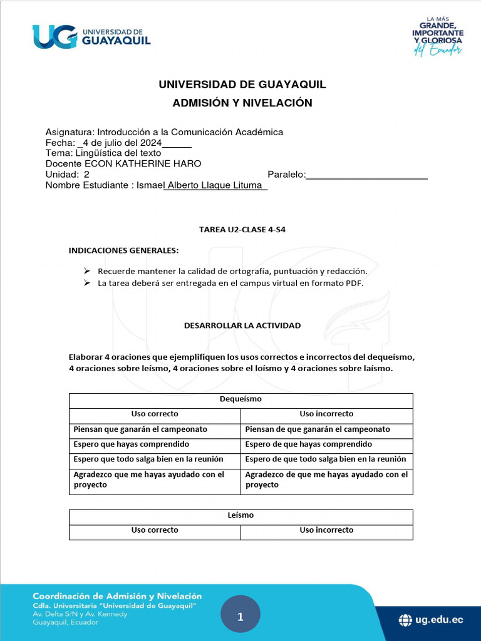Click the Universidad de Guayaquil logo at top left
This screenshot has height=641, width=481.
coord(91,36)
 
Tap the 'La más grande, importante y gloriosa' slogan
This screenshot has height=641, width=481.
coord(437,36)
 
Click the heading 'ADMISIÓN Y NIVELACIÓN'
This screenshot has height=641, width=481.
coord(242,103)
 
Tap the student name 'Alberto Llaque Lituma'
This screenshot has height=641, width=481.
coord(215,185)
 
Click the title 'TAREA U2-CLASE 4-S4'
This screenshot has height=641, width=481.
coord(242,230)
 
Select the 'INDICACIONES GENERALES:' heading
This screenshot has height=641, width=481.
coord(123,250)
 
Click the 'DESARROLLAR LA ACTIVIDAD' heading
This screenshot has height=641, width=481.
coord(242,326)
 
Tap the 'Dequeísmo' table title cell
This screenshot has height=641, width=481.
coord(240,399)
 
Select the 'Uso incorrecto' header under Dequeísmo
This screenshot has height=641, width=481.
coord(326,414)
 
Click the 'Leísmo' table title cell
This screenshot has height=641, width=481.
coord(240,515)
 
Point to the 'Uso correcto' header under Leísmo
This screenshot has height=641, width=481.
coord(155,530)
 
